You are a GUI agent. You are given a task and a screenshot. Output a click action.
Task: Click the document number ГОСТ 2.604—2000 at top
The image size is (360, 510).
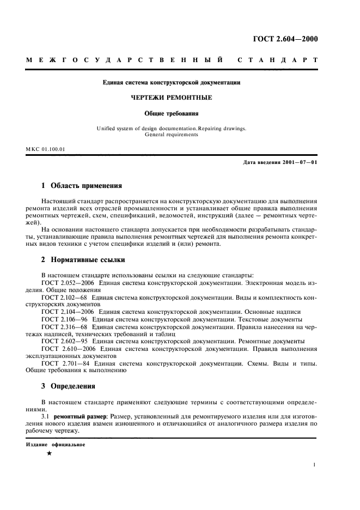tap(285, 39)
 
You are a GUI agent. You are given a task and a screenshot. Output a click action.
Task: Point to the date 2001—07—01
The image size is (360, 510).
tap(297, 163)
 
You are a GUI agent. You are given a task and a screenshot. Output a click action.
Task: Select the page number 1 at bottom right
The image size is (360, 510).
tap(315, 465)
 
